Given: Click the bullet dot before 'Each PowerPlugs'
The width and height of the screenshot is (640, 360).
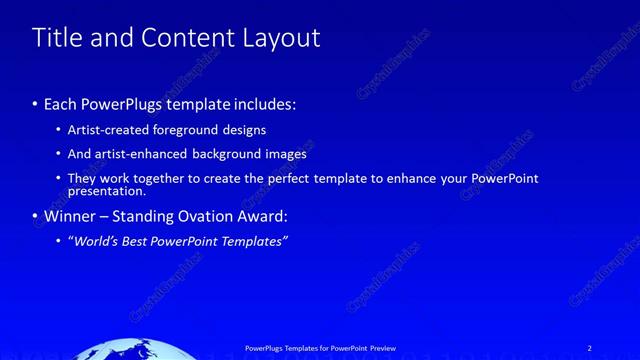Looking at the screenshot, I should pos(36,104).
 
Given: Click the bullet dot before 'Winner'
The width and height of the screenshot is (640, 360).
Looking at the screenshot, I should pos(36,215).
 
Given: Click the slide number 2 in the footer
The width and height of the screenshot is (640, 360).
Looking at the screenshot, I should pos(589,347).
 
